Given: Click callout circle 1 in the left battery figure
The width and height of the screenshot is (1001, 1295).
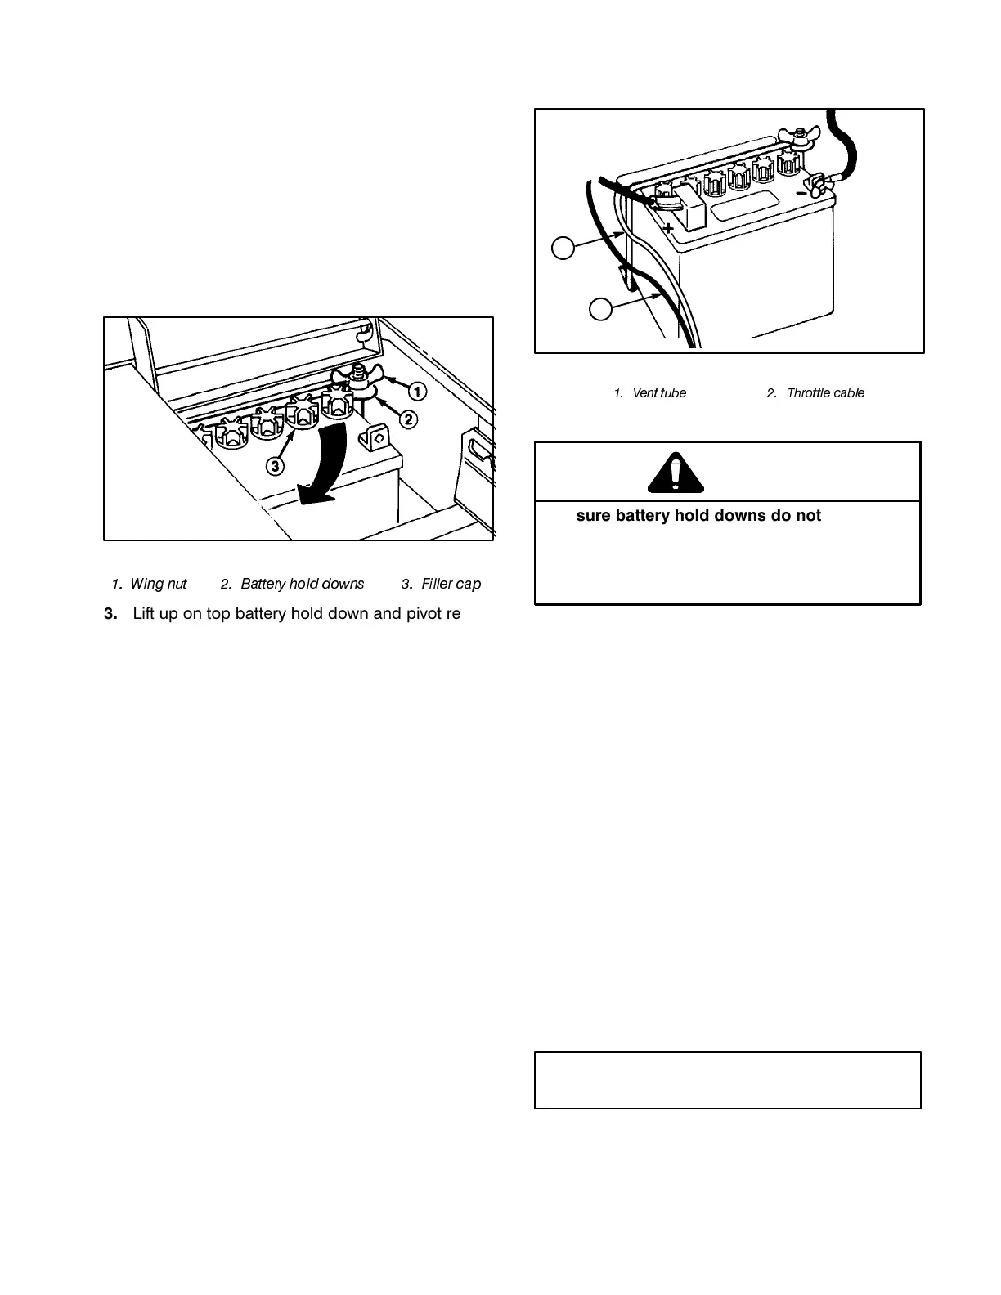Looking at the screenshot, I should pyautogui.click(x=417, y=392).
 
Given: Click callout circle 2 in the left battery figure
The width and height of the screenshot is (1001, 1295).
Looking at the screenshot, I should pyautogui.click(x=407, y=419).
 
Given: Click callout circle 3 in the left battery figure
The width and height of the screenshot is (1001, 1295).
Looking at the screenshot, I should pyautogui.click(x=276, y=466).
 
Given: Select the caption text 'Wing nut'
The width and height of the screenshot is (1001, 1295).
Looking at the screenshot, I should pyautogui.click(x=159, y=584).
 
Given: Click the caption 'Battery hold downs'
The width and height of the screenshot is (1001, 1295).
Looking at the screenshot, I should pyautogui.click(x=302, y=584).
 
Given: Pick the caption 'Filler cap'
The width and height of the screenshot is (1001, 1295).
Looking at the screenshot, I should pyautogui.click(x=451, y=584).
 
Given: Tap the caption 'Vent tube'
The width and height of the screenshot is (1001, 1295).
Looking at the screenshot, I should pyautogui.click(x=659, y=393).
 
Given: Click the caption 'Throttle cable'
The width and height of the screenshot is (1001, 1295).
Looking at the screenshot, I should pyautogui.click(x=825, y=393).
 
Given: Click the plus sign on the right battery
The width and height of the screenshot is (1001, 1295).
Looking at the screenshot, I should pyautogui.click(x=668, y=228).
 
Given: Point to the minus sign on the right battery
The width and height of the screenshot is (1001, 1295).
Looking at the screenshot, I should pyautogui.click(x=801, y=193).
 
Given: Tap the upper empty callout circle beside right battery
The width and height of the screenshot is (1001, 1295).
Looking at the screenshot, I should pyautogui.click(x=563, y=248).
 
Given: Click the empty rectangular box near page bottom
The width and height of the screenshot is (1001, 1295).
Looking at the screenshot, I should pyautogui.click(x=728, y=1080).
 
